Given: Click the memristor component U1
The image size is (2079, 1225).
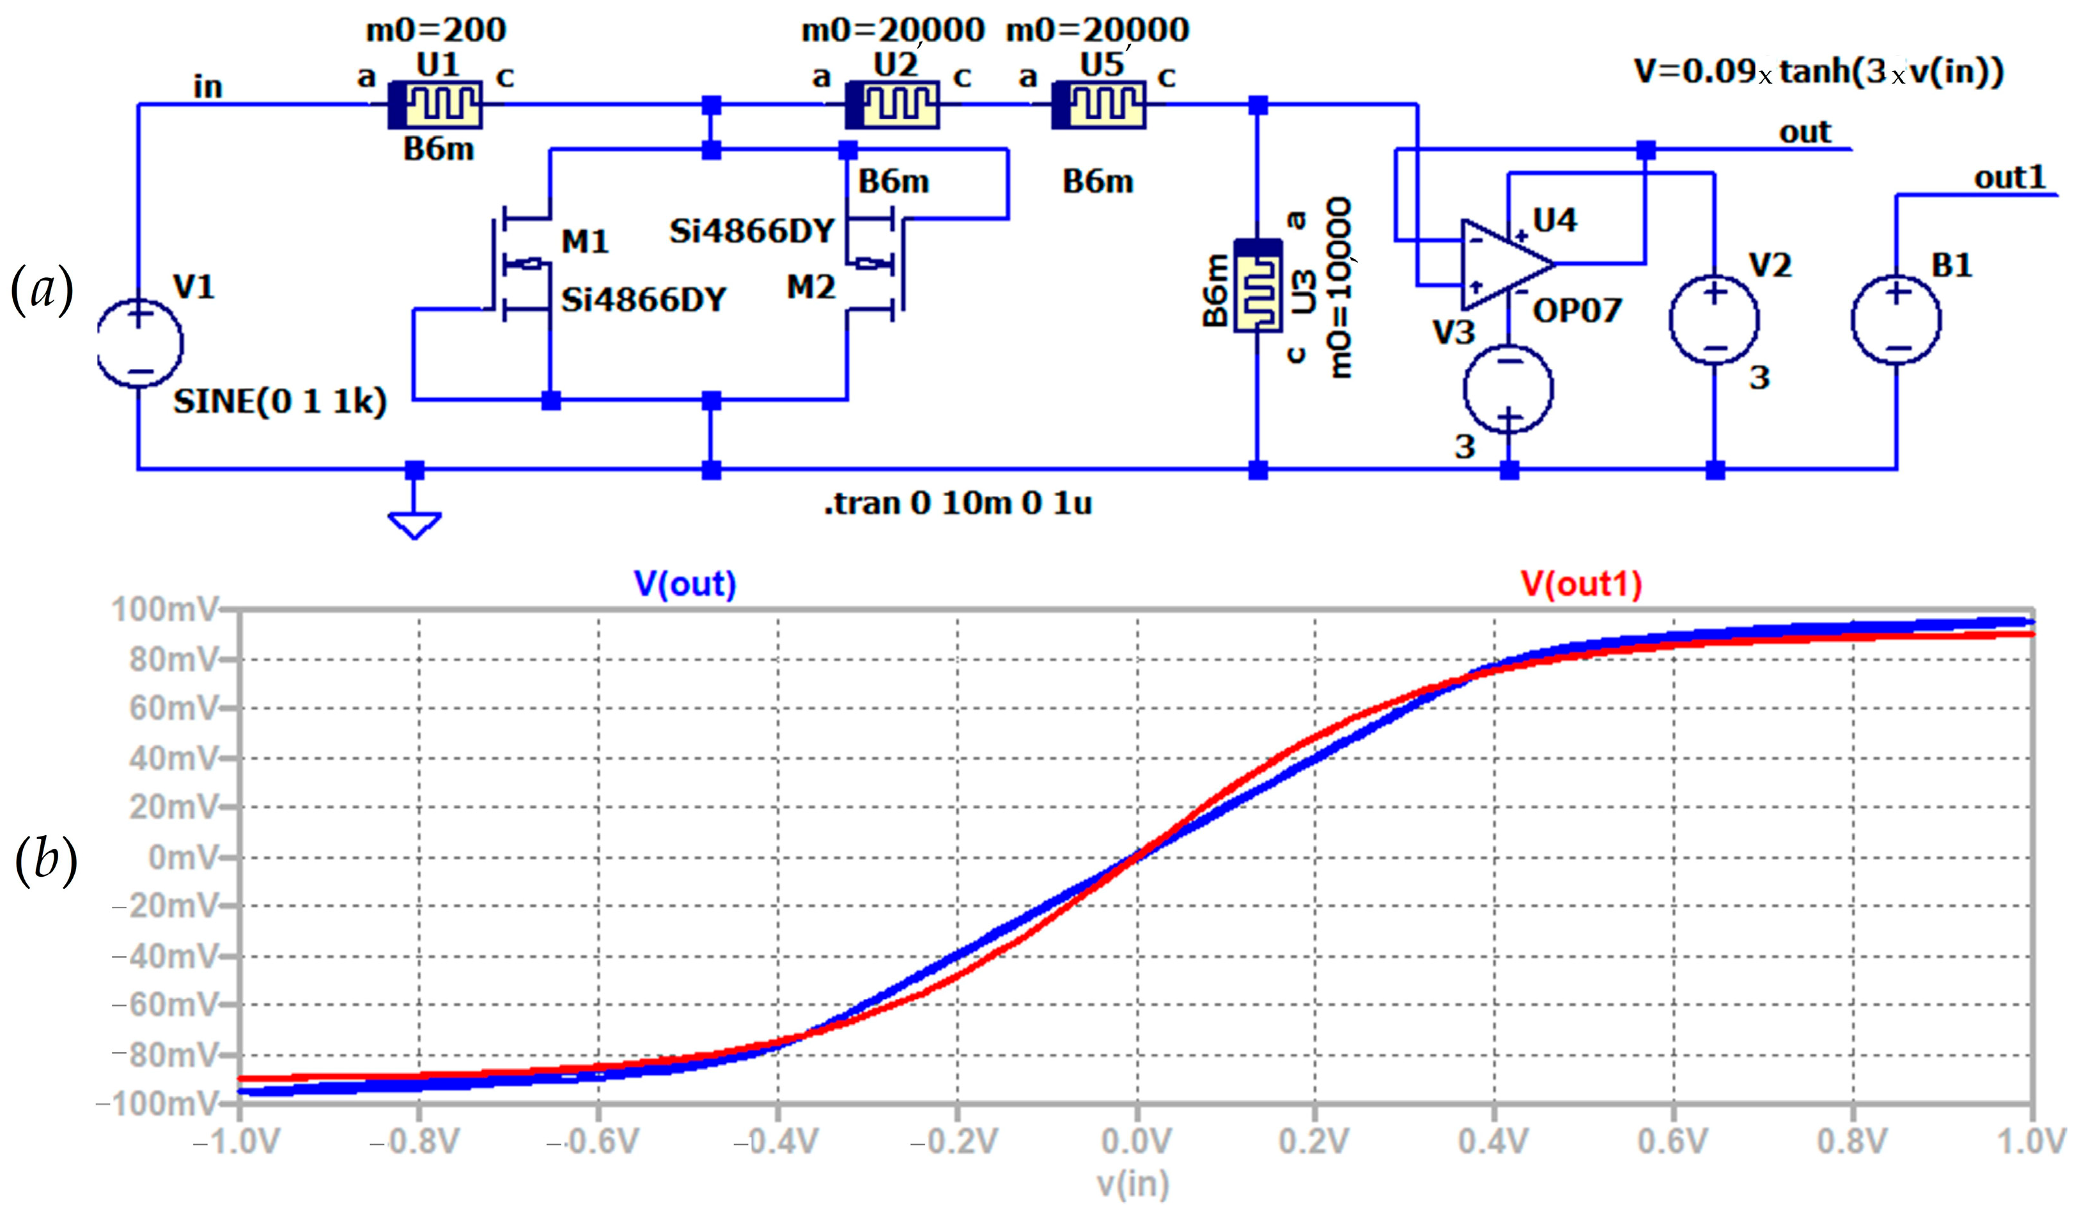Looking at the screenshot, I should pos(435,105).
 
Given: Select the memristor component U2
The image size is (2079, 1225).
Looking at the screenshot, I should pos(892,105).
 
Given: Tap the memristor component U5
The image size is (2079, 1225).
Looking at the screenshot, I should pos(1098,105).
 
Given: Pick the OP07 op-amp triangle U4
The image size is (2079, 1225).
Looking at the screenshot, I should pos(1504,264).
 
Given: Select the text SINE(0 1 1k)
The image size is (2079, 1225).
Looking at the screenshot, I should pos(279,403).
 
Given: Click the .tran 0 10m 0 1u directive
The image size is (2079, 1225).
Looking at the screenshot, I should pos(958,503).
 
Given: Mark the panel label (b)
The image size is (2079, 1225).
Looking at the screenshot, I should pos(46,858).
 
